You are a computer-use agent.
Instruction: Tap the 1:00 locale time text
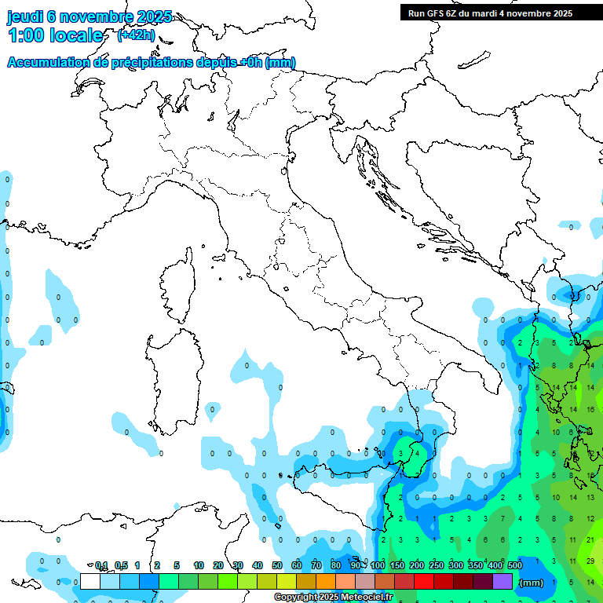click(56, 35)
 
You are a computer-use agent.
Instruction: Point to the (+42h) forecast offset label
click(136, 35)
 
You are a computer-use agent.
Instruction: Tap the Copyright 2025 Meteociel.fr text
click(334, 598)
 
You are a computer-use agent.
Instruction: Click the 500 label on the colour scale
click(515, 565)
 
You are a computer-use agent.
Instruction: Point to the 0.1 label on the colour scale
click(101, 565)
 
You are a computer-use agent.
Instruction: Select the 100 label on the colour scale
click(378, 565)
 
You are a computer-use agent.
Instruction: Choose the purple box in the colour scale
click(502, 581)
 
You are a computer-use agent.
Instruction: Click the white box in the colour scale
click(90, 581)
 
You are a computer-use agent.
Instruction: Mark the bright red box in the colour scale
click(424, 581)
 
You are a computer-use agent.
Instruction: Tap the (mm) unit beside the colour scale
click(532, 583)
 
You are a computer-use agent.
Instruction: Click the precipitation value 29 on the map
click(590, 561)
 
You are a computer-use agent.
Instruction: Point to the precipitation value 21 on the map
click(590, 540)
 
